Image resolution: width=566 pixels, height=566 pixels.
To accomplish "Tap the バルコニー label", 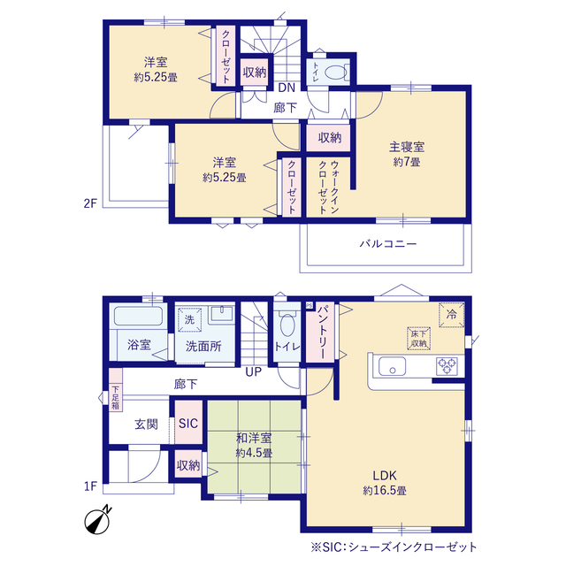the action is click(x=388, y=244).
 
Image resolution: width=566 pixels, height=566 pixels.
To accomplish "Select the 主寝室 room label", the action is click(x=407, y=148).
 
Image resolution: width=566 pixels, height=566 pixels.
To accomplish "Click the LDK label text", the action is click(x=385, y=476).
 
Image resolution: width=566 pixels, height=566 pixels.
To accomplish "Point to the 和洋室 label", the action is click(x=254, y=439).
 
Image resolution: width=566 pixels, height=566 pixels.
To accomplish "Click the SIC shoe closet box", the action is click(x=188, y=423).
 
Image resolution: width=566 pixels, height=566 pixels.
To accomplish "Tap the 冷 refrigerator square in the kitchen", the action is click(x=452, y=315).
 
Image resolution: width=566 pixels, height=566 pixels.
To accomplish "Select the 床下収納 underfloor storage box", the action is click(x=418, y=339).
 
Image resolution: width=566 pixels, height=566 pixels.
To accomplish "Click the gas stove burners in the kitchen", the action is click(x=447, y=366).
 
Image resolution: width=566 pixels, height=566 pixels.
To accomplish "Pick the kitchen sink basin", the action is click(x=392, y=366).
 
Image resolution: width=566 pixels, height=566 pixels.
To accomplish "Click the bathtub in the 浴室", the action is click(x=138, y=316).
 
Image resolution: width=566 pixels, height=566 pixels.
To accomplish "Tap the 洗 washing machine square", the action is click(x=189, y=319).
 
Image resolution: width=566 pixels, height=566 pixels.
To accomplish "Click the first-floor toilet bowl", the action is click(x=287, y=325).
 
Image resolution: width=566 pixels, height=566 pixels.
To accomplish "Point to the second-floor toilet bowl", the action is click(x=336, y=73).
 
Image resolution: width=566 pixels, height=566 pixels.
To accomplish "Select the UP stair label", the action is click(x=254, y=371).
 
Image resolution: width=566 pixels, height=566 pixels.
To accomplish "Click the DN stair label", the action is click(x=287, y=88).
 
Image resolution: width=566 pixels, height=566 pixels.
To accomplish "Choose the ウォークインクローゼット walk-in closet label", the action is click(x=328, y=187).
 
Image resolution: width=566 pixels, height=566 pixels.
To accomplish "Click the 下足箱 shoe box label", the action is click(x=115, y=398).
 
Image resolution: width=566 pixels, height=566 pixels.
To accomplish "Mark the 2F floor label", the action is click(x=90, y=203).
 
